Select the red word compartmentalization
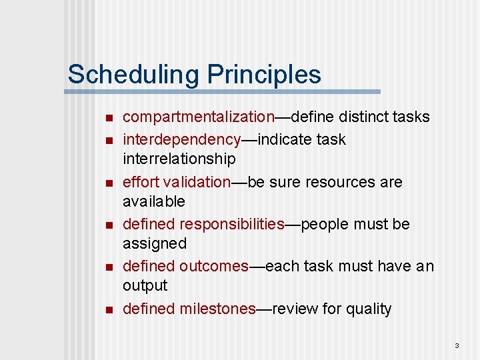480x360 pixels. [199, 117]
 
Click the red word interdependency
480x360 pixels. [181, 140]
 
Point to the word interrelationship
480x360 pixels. [179, 159]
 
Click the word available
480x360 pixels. [154, 201]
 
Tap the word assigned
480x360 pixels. [155, 243]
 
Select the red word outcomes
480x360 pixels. [213, 266]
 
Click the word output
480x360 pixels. [145, 285]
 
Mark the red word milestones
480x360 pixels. [217, 309]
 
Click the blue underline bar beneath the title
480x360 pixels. [223, 91]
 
